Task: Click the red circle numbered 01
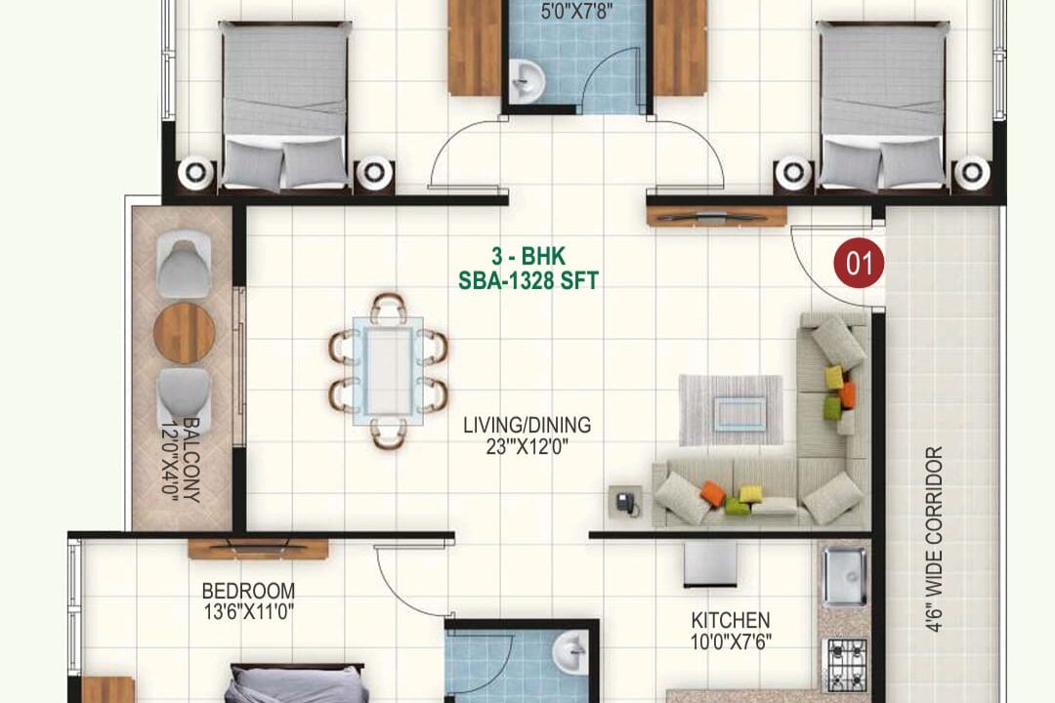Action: tap(859, 263)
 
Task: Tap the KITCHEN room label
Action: tap(730, 620)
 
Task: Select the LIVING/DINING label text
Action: tap(527, 425)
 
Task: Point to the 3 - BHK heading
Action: tap(528, 256)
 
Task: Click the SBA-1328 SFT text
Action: tap(528, 280)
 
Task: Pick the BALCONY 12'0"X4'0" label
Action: tap(181, 460)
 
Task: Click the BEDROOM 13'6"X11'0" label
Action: tap(248, 601)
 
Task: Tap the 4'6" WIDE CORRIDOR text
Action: tap(933, 539)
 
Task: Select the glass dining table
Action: tap(389, 371)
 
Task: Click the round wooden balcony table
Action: tap(185, 333)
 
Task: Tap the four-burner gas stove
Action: tap(846, 665)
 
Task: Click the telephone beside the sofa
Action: tap(626, 502)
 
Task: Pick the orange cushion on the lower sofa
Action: tap(713, 493)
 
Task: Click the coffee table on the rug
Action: tap(740, 413)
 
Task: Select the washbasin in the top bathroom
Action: tap(527, 81)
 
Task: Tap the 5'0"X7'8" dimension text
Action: tap(576, 11)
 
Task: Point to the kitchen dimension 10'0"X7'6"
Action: tap(731, 641)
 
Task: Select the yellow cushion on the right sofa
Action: tap(834, 378)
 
